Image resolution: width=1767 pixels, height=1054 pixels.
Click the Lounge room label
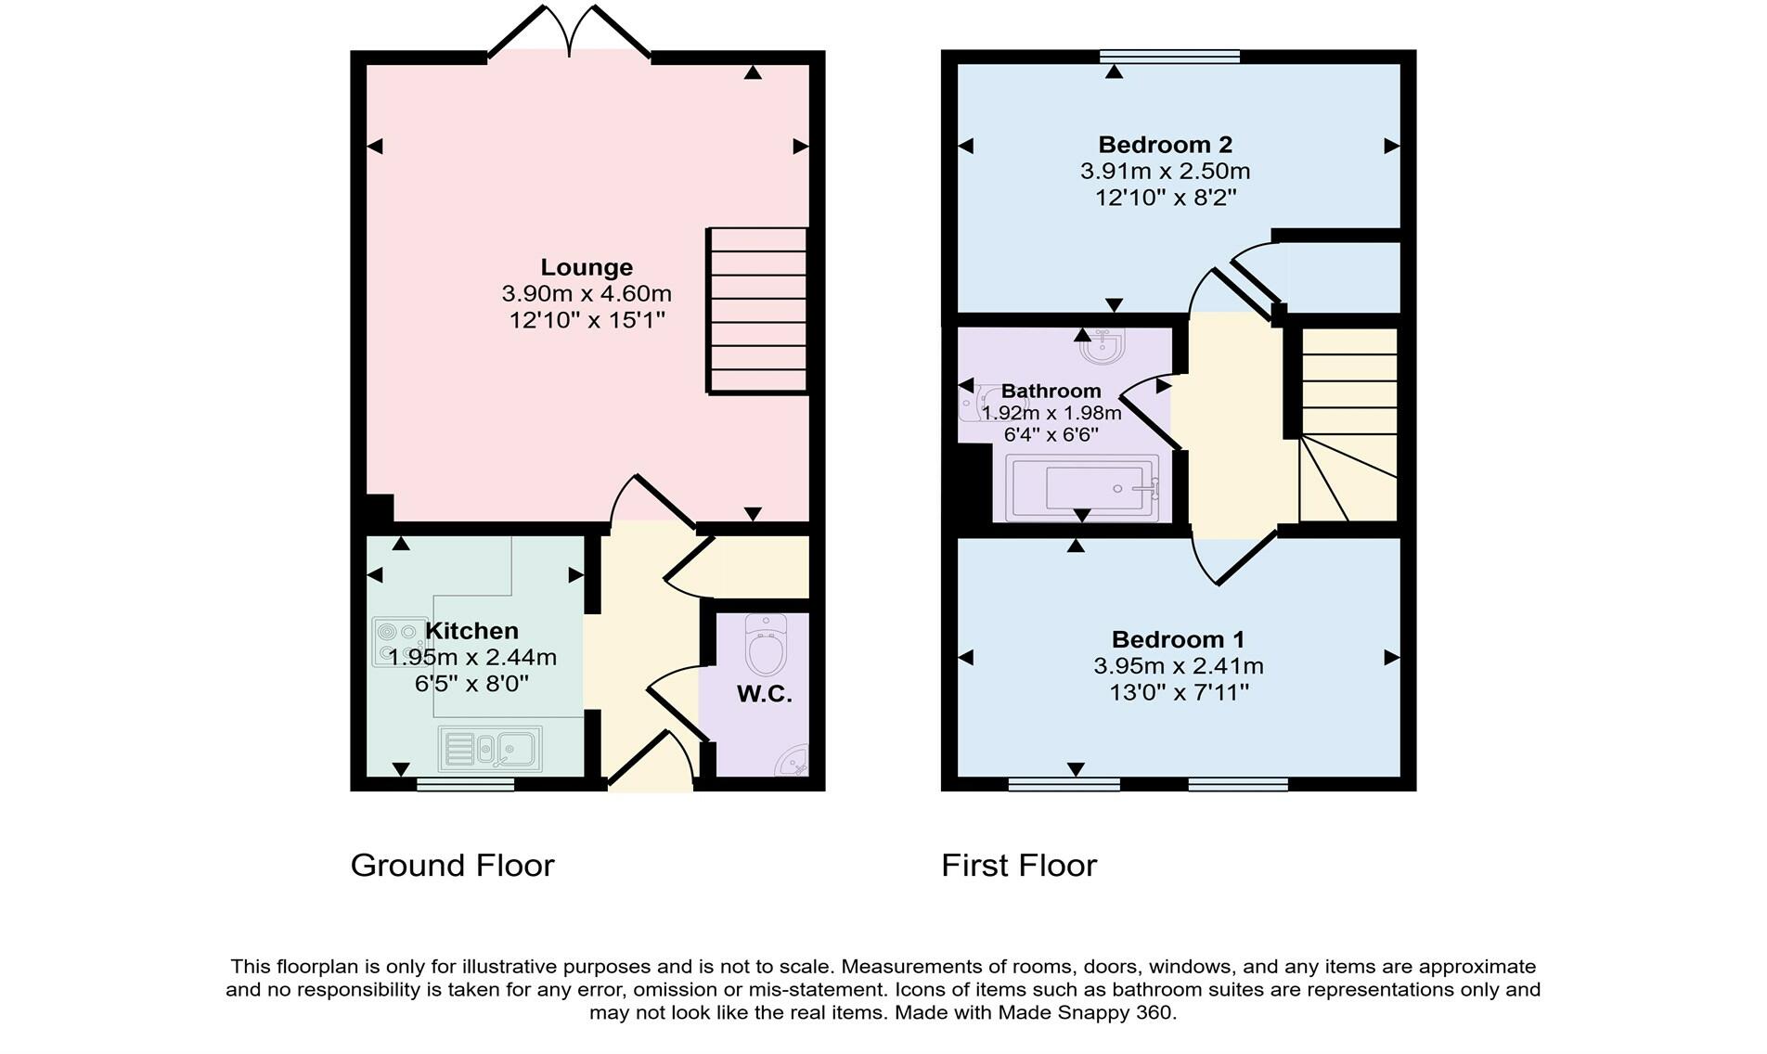click(587, 267)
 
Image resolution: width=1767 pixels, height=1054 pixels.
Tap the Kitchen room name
click(471, 631)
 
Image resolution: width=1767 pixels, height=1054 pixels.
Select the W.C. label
click(765, 694)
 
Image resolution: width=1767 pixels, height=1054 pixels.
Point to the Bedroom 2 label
click(1165, 145)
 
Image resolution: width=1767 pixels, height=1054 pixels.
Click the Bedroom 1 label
click(1178, 639)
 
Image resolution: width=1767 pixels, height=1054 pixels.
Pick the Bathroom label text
click(1051, 392)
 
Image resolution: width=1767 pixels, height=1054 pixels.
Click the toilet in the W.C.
click(766, 646)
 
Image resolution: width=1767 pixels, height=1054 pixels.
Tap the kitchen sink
click(490, 748)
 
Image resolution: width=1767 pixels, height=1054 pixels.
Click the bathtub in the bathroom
click(1083, 488)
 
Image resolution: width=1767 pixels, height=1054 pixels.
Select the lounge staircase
click(757, 311)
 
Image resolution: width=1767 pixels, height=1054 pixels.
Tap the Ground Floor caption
click(453, 866)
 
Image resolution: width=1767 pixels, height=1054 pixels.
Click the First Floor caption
click(1019, 866)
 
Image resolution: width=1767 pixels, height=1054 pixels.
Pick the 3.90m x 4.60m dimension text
click(587, 294)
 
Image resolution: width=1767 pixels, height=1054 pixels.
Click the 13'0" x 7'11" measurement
click(1179, 692)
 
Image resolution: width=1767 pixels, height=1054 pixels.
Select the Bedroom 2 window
click(1169, 57)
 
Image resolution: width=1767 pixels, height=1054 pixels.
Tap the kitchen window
click(465, 784)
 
